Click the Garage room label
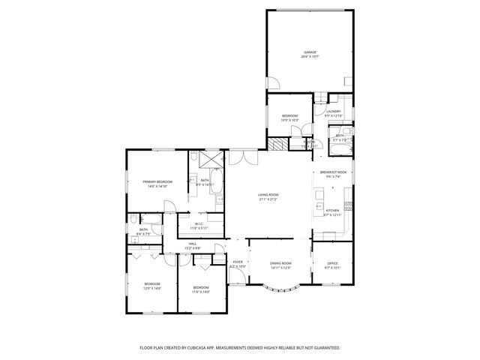[x=309, y=55]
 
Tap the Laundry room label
[x=334, y=114]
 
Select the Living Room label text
[x=268, y=197]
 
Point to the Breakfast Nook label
[x=332, y=173]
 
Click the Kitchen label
[x=331, y=212]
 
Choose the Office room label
[x=331, y=265]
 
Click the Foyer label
[x=238, y=265]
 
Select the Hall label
[x=193, y=246]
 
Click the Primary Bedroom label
[x=158, y=183]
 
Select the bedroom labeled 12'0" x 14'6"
[x=152, y=286]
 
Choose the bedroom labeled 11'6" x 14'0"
[x=201, y=289]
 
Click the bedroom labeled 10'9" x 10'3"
[x=289, y=118]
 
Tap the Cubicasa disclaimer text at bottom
[x=240, y=348]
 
